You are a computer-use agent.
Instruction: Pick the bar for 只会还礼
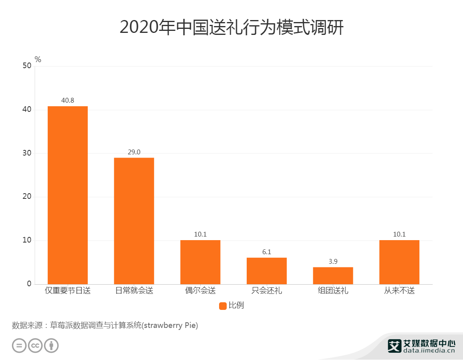point(266,271)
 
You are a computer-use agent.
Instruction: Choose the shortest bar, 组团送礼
point(333,275)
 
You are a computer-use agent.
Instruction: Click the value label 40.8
point(68,100)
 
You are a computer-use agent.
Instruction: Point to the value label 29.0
point(134,152)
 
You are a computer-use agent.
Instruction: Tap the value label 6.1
point(266,252)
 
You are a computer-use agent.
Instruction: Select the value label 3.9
point(333,261)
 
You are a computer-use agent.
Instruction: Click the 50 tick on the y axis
point(27,66)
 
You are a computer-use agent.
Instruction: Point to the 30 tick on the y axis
point(27,153)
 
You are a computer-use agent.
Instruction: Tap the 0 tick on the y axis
point(29,284)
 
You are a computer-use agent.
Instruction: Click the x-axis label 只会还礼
point(266,291)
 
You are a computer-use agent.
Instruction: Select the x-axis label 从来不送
point(399,291)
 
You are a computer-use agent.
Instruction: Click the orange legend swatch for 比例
point(223,306)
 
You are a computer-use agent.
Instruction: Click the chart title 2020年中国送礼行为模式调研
point(231,27)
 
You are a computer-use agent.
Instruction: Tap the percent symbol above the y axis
point(38,59)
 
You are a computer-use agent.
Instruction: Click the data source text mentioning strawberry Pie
point(105,325)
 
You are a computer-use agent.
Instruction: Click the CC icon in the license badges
point(35,345)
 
